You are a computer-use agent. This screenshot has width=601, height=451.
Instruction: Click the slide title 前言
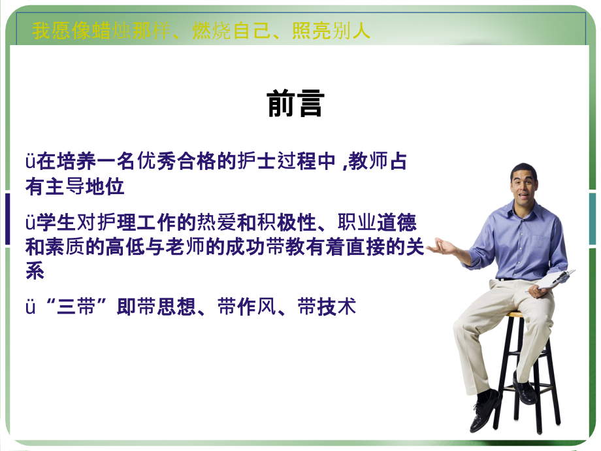click(x=295, y=103)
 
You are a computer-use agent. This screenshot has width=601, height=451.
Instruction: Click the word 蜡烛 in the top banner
click(x=112, y=31)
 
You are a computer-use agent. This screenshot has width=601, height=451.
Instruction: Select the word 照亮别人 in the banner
click(x=331, y=31)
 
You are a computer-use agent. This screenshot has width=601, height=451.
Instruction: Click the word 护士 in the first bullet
click(x=257, y=161)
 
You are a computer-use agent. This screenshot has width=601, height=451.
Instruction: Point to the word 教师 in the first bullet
click(x=368, y=161)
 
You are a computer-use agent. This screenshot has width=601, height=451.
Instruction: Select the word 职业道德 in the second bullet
click(x=377, y=222)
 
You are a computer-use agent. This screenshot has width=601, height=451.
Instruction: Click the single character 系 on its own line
click(x=35, y=271)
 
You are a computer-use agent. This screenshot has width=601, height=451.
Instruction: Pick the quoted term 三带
click(x=76, y=307)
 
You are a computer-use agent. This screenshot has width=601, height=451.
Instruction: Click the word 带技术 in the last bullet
click(x=327, y=307)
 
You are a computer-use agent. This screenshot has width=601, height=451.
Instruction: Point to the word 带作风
click(x=247, y=307)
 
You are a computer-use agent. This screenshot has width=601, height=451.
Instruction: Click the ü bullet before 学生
click(x=30, y=223)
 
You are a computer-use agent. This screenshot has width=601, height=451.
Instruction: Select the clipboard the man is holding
click(x=553, y=280)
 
